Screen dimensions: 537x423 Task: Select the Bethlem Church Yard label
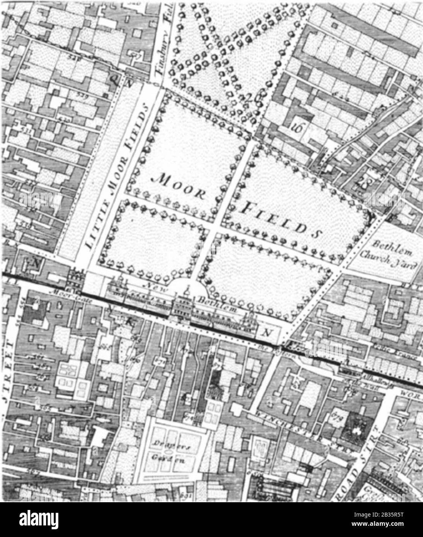pyautogui.click(x=392, y=255)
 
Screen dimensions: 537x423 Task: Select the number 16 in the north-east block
pyautogui.click(x=297, y=126)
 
